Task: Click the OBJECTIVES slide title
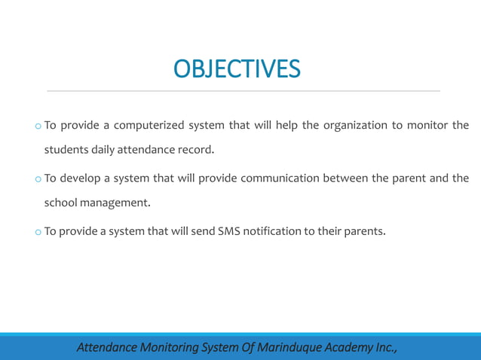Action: [237, 69]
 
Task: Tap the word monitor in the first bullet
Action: [427, 125]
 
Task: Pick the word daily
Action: [104, 149]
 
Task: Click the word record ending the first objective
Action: [195, 149]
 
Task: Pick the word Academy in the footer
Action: [348, 347]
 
